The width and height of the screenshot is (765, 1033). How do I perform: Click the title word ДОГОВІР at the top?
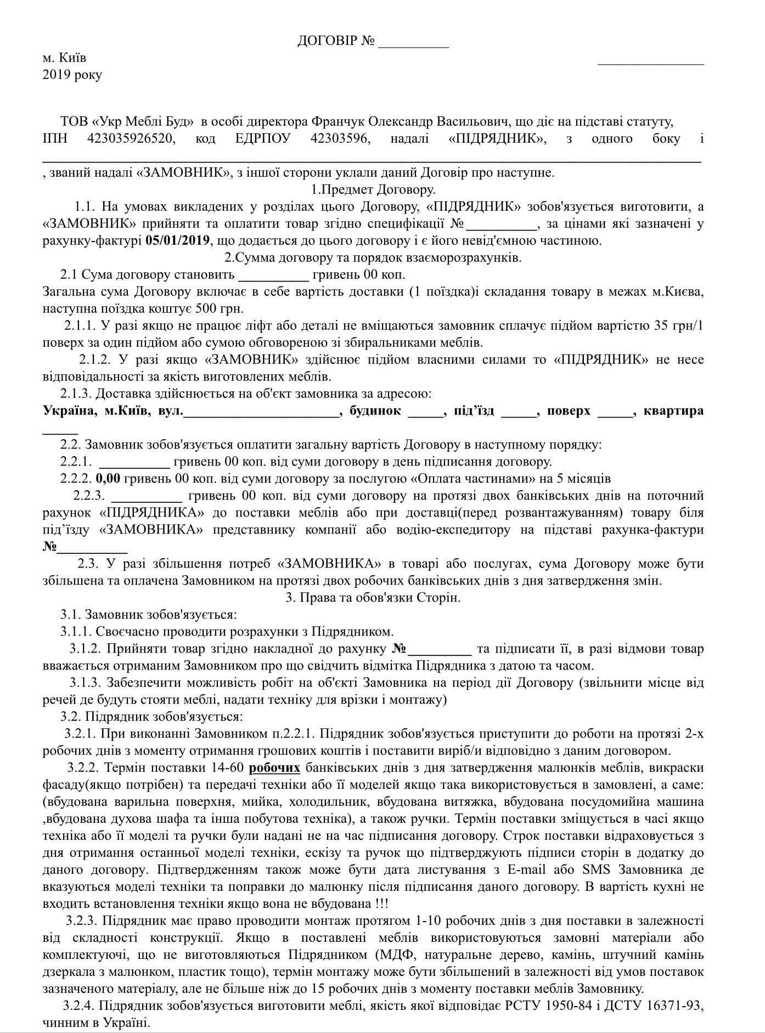(x=327, y=41)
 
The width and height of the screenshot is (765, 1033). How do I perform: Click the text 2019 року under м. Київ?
(x=72, y=75)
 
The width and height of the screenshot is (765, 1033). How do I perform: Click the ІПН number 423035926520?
(x=132, y=138)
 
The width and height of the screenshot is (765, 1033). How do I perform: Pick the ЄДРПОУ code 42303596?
(x=340, y=138)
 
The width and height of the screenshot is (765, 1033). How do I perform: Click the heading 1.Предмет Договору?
(x=373, y=190)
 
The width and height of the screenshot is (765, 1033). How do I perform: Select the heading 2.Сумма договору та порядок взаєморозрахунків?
(x=373, y=257)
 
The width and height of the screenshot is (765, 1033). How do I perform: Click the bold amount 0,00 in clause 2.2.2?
(x=108, y=479)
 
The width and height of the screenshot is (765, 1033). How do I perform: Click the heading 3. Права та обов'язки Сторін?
(x=373, y=598)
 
